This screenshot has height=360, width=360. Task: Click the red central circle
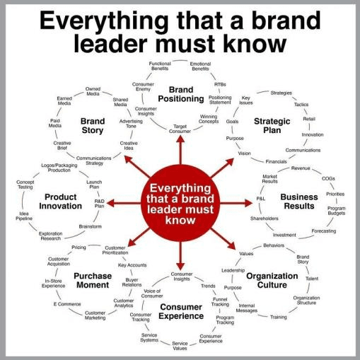(180, 203)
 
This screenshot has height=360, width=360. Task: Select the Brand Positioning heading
(181, 94)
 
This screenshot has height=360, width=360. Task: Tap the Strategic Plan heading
(272, 126)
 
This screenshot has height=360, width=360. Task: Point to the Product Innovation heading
(61, 202)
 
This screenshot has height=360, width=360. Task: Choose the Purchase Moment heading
(93, 280)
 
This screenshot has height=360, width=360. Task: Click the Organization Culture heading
(272, 280)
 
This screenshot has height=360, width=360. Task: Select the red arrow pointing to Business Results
(236, 203)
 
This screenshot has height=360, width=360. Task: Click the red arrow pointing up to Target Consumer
(180, 150)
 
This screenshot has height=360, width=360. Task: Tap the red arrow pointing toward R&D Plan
(124, 203)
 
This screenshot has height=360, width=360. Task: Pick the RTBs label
(220, 84)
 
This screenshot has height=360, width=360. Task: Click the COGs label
(328, 179)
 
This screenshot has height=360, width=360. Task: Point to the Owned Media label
(93, 91)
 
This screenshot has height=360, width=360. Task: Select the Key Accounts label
(132, 265)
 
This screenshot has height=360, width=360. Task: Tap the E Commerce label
(67, 304)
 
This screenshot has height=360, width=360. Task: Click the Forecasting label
(324, 231)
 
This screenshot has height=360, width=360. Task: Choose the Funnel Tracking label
(220, 302)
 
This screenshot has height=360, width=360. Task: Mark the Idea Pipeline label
(24, 216)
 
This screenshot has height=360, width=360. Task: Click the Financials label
(276, 162)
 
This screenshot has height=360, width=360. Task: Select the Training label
(279, 317)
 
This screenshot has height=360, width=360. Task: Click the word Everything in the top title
(104, 21)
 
